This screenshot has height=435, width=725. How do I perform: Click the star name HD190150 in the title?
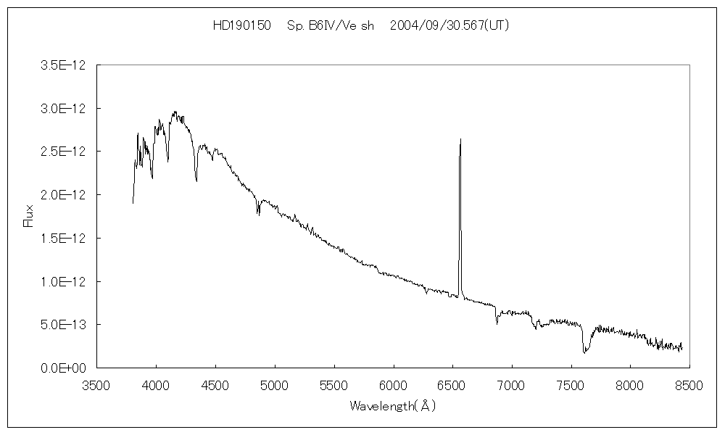(241, 25)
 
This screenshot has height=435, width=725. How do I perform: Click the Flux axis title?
(29, 215)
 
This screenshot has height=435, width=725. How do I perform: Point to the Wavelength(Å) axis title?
(392, 406)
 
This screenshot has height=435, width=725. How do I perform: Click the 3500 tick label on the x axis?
(97, 384)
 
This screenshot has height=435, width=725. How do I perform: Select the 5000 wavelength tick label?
(275, 384)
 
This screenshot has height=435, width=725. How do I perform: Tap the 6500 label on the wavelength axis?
(452, 384)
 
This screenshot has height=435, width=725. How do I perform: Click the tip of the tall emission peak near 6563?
(460, 138)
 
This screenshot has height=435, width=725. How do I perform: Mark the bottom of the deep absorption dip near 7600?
(584, 352)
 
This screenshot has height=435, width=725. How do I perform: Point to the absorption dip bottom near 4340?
(196, 180)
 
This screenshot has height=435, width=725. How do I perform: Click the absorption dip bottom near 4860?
(258, 215)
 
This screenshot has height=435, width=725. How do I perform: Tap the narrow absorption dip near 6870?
(497, 323)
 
